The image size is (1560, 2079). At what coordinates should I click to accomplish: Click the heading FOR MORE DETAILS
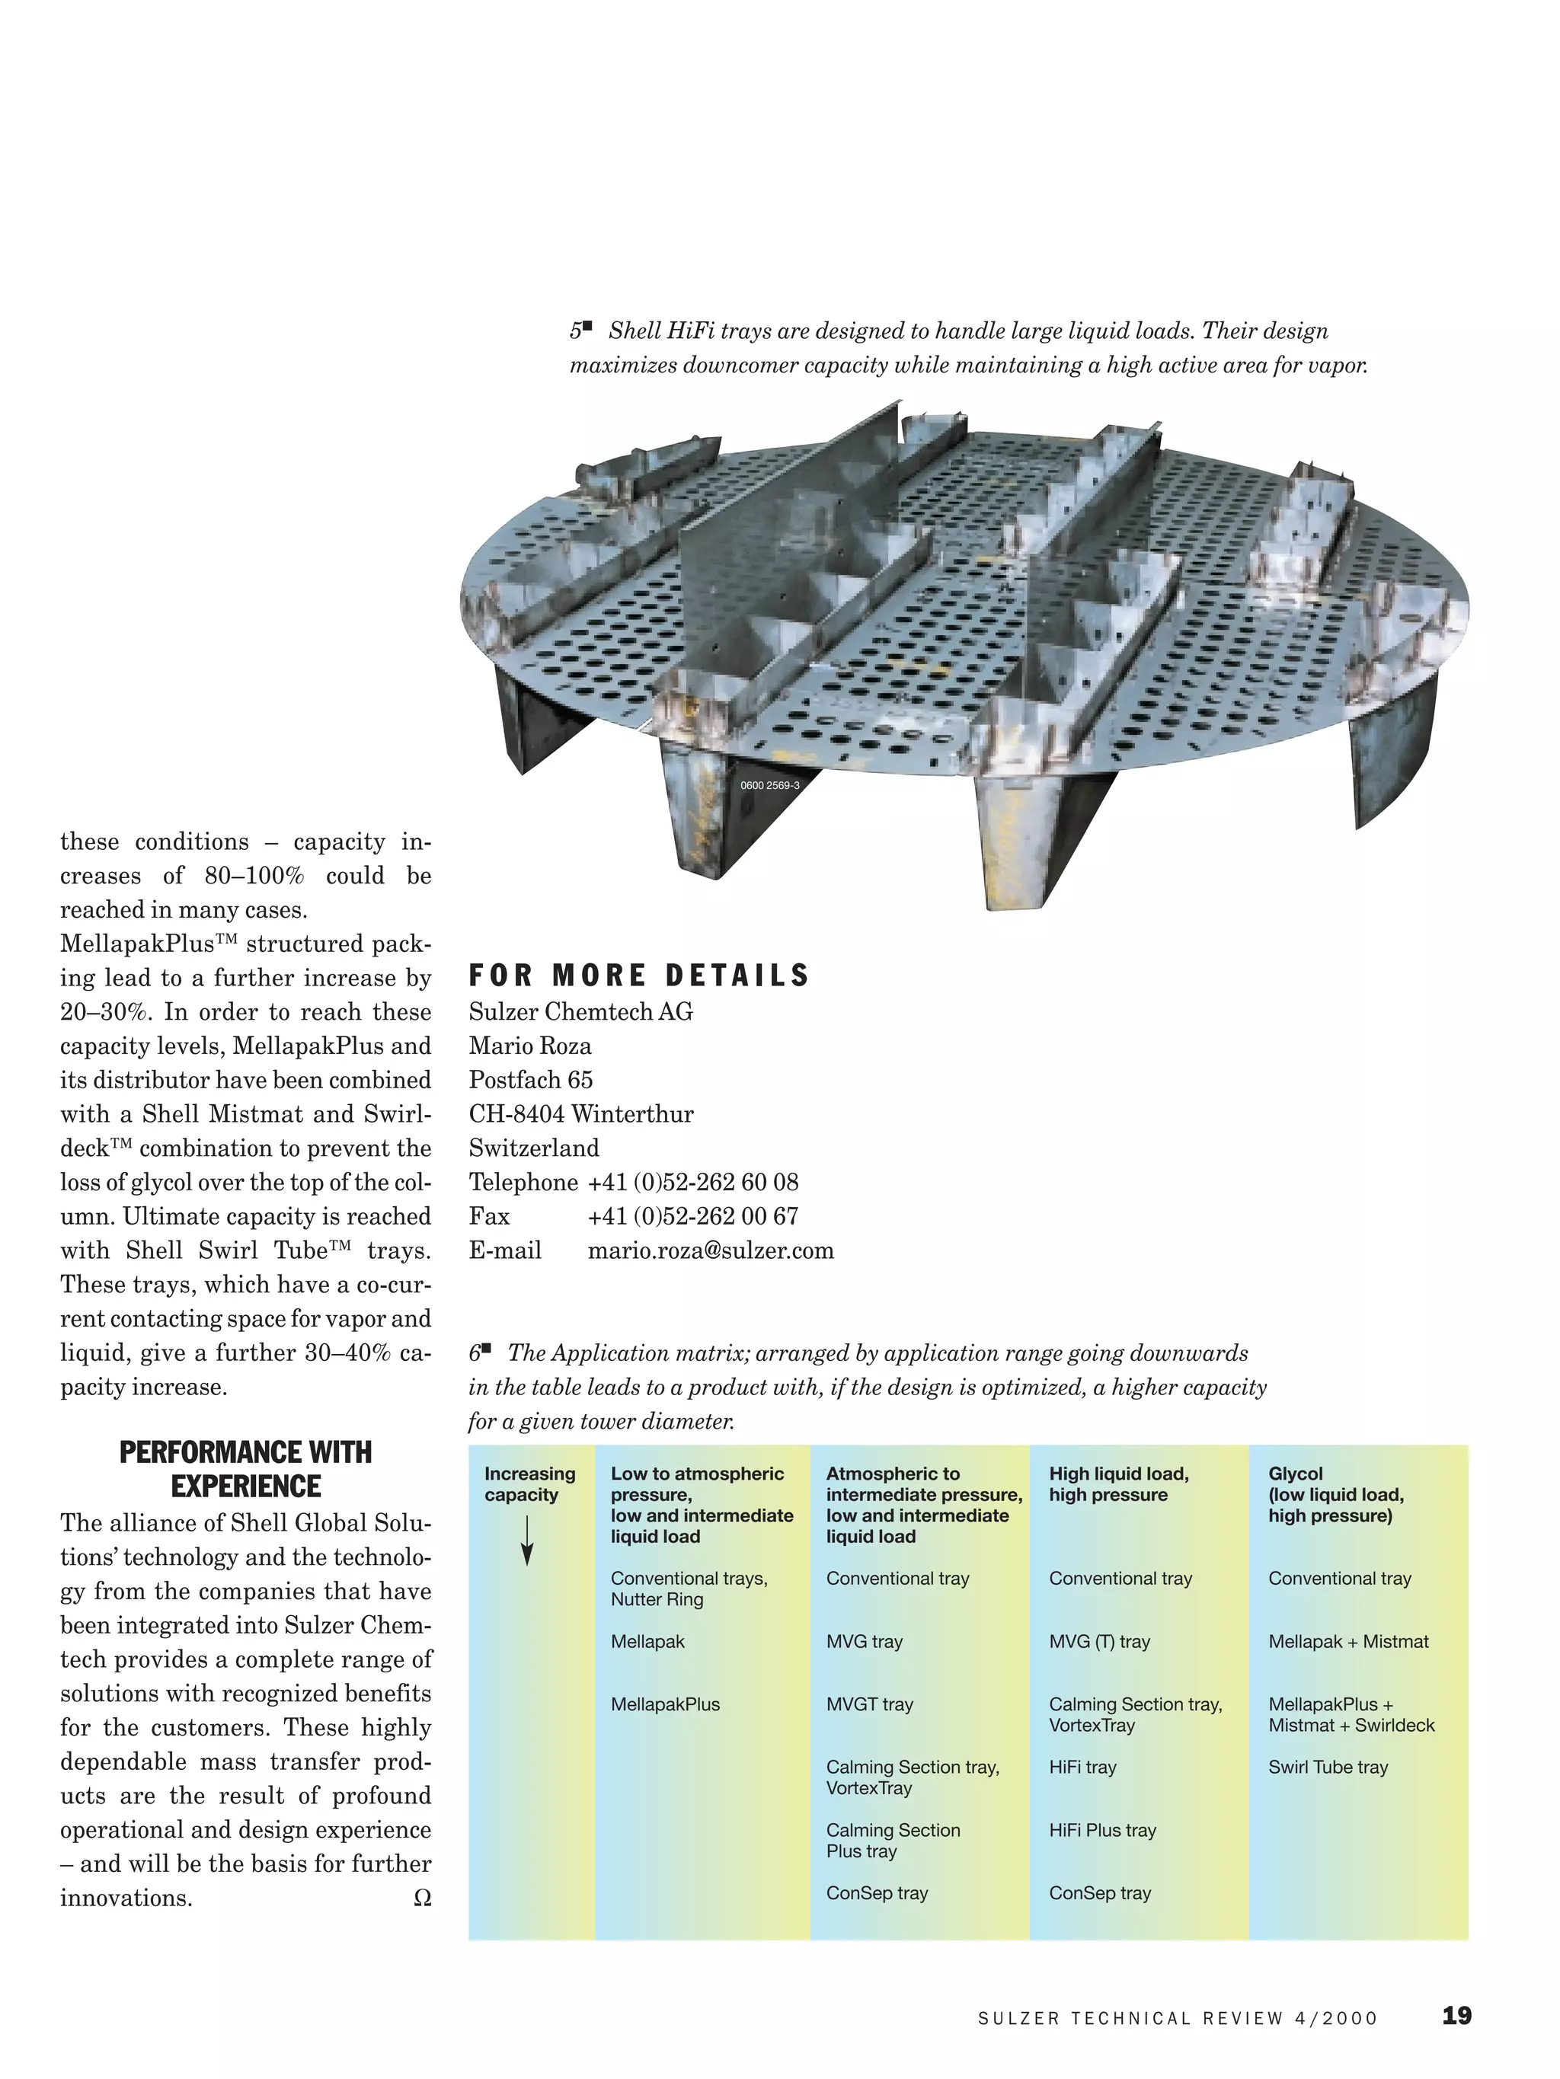[x=638, y=976]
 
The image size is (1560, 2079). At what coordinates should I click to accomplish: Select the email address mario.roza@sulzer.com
[x=710, y=1251]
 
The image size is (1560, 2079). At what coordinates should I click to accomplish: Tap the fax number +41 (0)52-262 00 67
[x=692, y=1216]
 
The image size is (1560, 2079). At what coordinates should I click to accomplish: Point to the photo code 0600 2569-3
[x=769, y=786]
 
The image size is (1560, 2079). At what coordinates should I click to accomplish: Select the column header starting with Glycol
[x=1335, y=1494]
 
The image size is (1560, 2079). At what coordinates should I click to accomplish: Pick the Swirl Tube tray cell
[x=1328, y=1767]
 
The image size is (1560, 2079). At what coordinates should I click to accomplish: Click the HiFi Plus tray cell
[x=1102, y=1830]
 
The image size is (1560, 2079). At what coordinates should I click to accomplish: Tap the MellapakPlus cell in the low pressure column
[x=665, y=1704]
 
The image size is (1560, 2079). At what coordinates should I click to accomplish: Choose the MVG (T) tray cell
[x=1099, y=1641]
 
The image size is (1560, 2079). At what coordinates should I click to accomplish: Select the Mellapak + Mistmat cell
[x=1347, y=1641]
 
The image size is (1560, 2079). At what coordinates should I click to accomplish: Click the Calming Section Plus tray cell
[x=893, y=1841]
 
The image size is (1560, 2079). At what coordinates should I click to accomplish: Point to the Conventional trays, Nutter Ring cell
[x=689, y=1589]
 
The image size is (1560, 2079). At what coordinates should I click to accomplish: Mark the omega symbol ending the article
[x=422, y=1899]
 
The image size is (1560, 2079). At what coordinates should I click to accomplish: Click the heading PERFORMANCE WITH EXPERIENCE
[x=245, y=1469]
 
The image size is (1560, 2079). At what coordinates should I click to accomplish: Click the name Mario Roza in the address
[x=529, y=1046]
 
